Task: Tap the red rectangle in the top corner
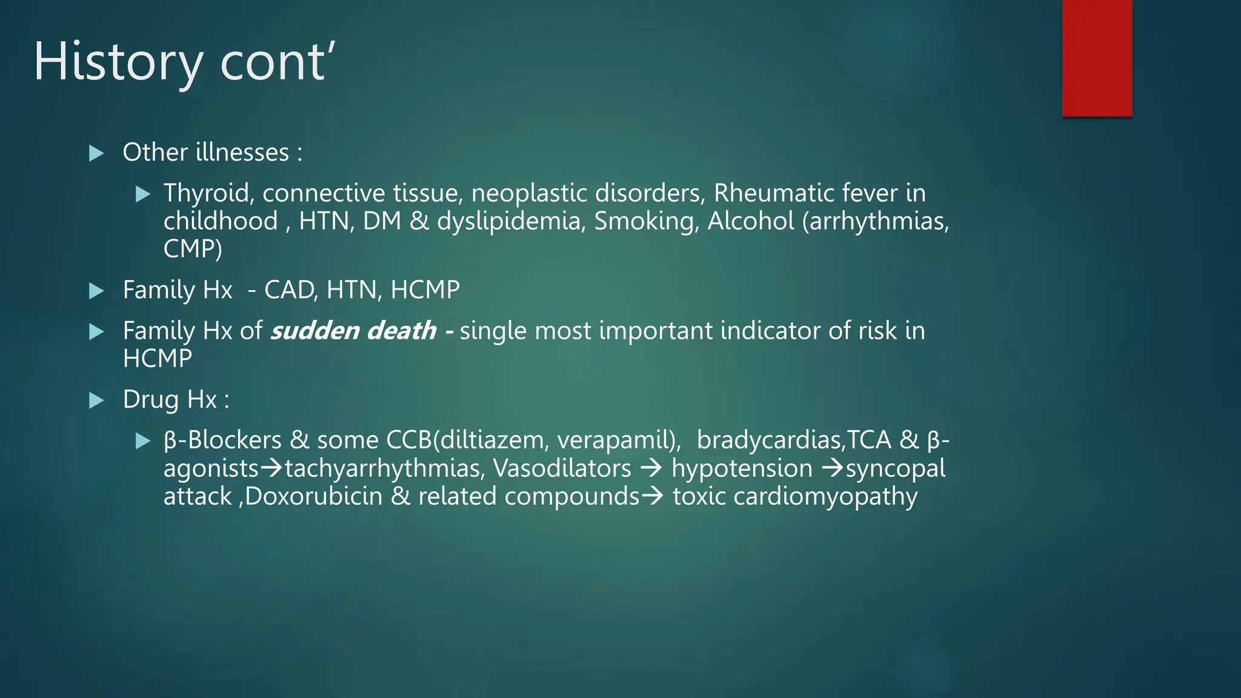pyautogui.click(x=1097, y=58)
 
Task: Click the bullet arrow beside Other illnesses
pyautogui.click(x=96, y=153)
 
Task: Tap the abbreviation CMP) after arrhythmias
pyautogui.click(x=193, y=249)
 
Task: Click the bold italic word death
pyautogui.click(x=401, y=331)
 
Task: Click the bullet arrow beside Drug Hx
pyautogui.click(x=96, y=400)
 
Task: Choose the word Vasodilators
pyautogui.click(x=562, y=468)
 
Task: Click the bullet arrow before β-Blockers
pyautogui.click(x=143, y=440)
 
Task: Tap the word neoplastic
pyautogui.click(x=529, y=193)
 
